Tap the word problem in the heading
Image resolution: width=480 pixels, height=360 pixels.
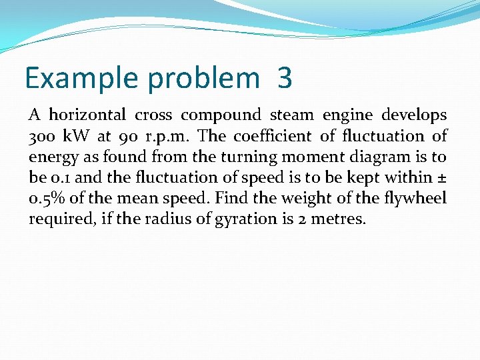tap(204, 79)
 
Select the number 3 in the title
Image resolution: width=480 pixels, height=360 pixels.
tap(285, 79)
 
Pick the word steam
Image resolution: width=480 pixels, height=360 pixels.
tap(293, 115)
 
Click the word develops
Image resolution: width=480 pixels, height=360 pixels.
tap(415, 116)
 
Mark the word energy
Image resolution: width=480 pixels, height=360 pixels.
tap(50, 158)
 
